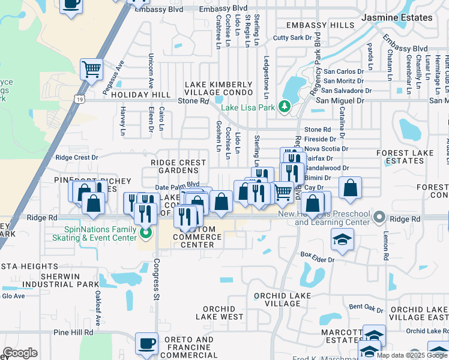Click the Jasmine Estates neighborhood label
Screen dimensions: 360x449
tap(397, 17)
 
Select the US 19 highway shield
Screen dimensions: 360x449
tap(79, 98)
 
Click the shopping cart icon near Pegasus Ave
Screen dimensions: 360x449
tap(91, 69)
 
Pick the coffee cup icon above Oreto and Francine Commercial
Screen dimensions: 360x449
tap(146, 343)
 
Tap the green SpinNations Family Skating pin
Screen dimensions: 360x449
tap(144, 233)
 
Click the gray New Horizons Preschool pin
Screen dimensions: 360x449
tap(378, 216)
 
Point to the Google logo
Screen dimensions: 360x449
tap(20, 353)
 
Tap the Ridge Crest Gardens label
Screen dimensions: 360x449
tap(178, 166)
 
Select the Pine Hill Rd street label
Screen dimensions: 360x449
tap(73, 332)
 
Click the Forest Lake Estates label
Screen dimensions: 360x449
tap(405, 157)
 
